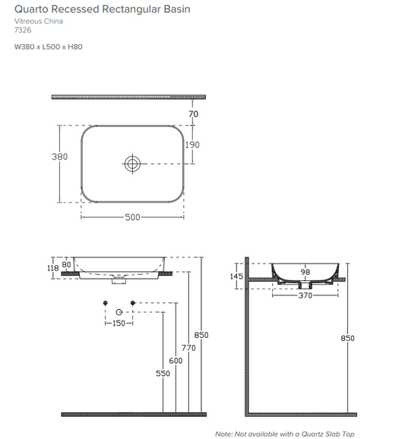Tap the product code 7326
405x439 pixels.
pos(24,31)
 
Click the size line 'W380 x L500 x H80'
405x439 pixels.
pos(49,46)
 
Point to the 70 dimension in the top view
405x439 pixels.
pos(193,114)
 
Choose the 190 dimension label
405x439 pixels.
pos(194,144)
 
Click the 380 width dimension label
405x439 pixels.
pos(59,156)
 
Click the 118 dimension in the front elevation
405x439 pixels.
pos(53,267)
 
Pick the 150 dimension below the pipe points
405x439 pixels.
pos(118,324)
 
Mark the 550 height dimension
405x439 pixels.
pos(163,374)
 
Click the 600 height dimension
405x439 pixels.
pos(176,360)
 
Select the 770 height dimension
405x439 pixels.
pos(188,347)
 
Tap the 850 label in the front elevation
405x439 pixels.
pos(201,334)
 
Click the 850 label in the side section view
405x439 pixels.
pos(348,338)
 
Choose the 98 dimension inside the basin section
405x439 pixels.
pos(305,271)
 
